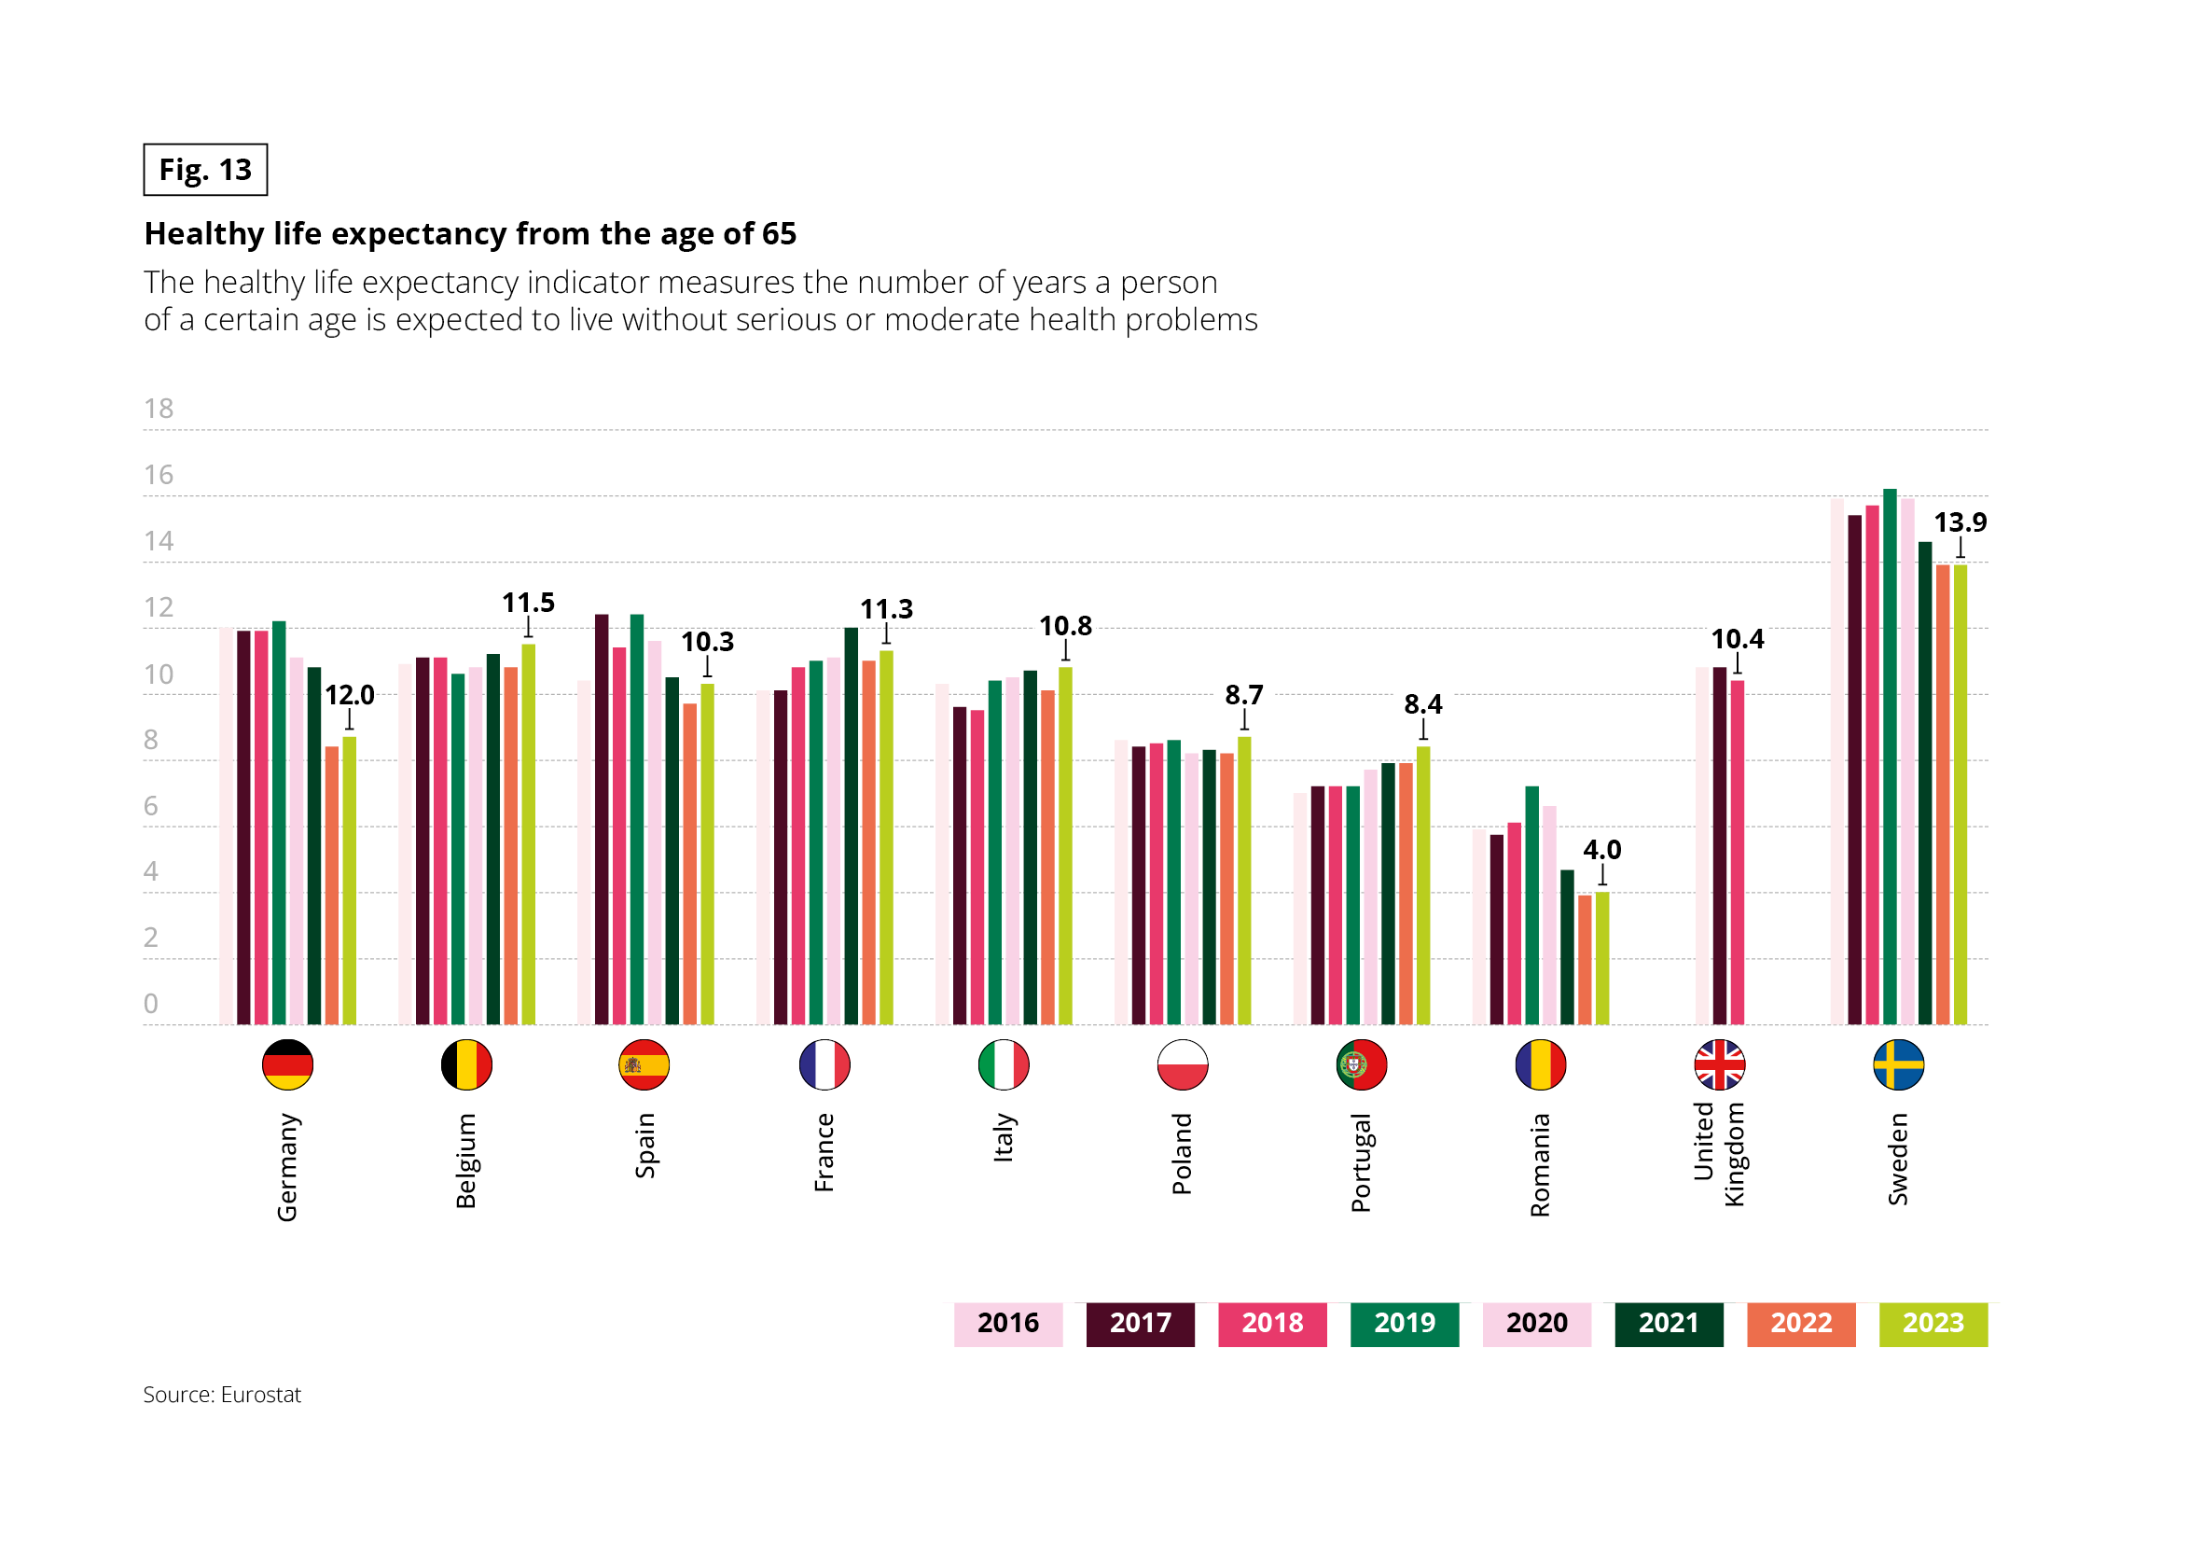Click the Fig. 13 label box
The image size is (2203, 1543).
coord(205,170)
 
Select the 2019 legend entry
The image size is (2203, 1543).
coord(1404,1323)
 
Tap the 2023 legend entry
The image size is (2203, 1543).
coord(1933,1323)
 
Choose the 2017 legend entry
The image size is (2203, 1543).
coord(1140,1323)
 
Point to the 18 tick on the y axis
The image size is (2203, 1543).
coord(159,409)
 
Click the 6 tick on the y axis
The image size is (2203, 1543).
coord(151,806)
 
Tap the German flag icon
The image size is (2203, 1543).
coord(287,1064)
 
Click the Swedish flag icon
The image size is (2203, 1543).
coord(1898,1064)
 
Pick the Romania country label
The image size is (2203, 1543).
coord(1540,1165)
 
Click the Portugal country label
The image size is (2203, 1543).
coord(1361,1163)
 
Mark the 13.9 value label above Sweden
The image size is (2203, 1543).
coord(1960,523)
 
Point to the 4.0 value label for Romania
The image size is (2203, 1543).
coord(1601,849)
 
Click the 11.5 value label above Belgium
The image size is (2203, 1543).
coord(528,603)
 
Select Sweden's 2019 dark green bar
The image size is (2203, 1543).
coord(1890,758)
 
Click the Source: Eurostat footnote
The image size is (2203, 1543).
coord(222,1395)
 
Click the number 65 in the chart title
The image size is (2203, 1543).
coord(778,234)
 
